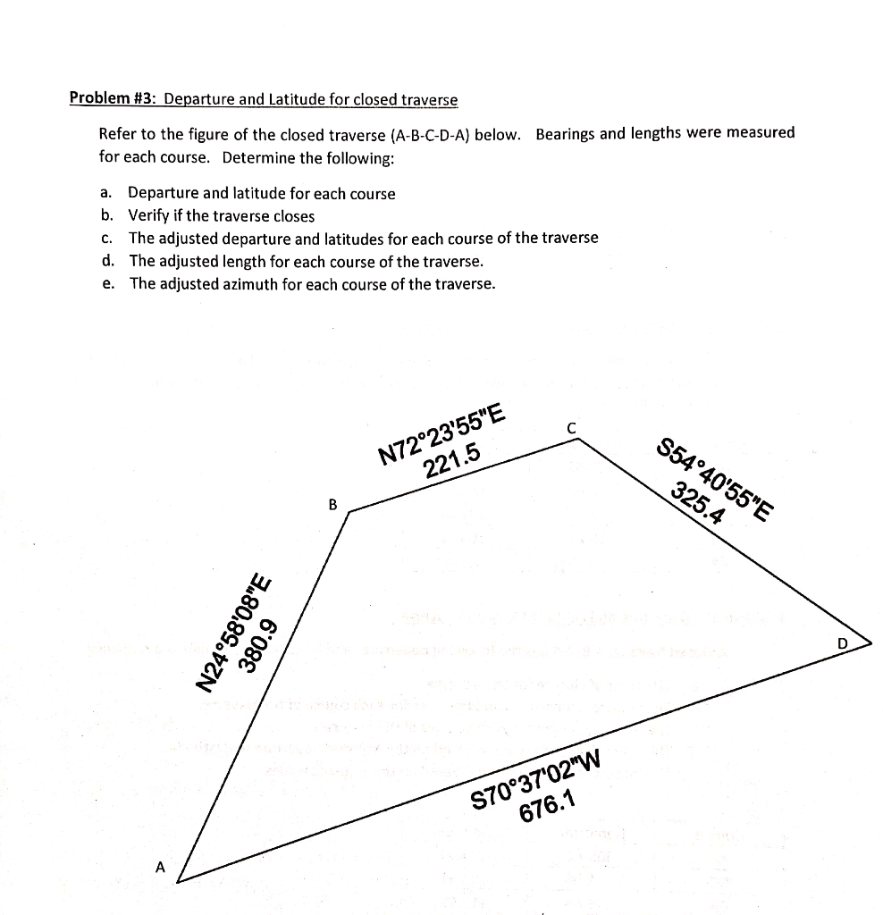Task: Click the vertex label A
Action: pos(160,866)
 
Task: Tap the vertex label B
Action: pos(332,505)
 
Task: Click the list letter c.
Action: pos(106,238)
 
